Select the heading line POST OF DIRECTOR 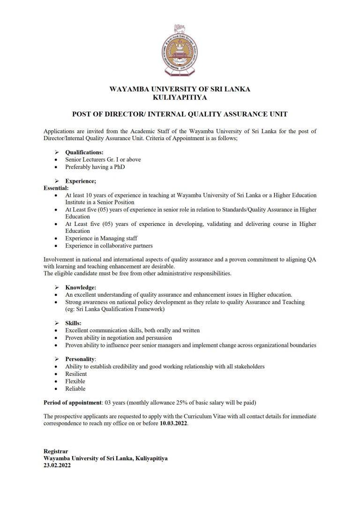pyautogui.click(x=180, y=114)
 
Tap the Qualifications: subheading pyautogui.click(x=84, y=152)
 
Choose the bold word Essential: pyautogui.click(x=56, y=188)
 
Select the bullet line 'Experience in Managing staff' pyautogui.click(x=101, y=238)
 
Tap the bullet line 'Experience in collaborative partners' pyautogui.click(x=109, y=245)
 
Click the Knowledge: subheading pyautogui.click(x=81, y=287)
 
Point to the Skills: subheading pyautogui.click(x=73, y=323)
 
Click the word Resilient pyautogui.click(x=76, y=374)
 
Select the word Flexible pyautogui.click(x=75, y=381)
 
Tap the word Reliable pyautogui.click(x=75, y=388)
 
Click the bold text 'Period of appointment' pyautogui.click(x=72, y=403)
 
